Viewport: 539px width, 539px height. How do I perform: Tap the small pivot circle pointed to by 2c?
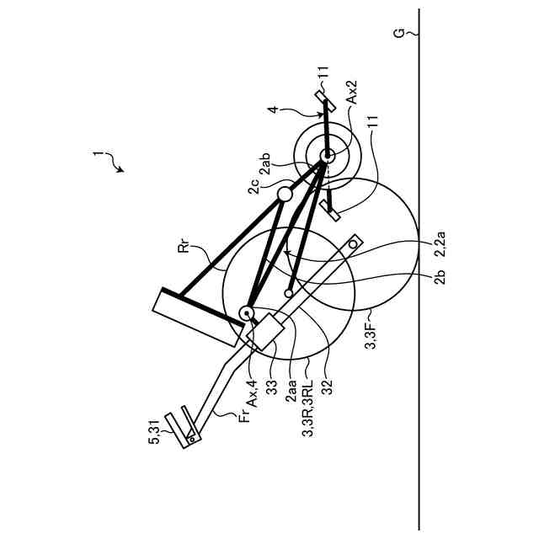(285, 195)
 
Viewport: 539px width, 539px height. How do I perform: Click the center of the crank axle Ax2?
(326, 154)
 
